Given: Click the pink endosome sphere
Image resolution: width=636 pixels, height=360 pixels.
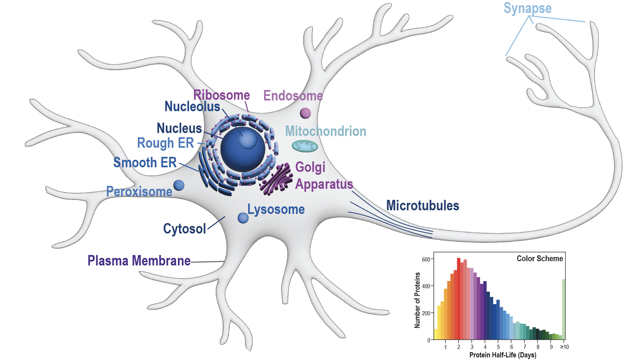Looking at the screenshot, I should [305, 113].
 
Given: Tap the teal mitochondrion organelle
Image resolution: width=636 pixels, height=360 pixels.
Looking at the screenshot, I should [305, 146].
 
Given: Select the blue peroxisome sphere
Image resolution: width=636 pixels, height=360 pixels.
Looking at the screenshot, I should [179, 185].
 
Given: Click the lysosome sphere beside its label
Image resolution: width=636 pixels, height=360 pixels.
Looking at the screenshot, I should [243, 218].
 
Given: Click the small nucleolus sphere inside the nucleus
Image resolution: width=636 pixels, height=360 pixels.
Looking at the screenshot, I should [247, 139].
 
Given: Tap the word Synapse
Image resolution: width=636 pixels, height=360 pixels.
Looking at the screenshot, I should [527, 8].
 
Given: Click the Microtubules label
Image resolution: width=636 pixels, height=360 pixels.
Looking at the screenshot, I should [422, 206].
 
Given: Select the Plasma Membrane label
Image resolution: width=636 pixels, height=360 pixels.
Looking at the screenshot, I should [139, 261].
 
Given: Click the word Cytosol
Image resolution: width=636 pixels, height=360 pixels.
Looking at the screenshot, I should [184, 229].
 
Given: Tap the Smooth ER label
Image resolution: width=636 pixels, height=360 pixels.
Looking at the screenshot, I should [145, 162].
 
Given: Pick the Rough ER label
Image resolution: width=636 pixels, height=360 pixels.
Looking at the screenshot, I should [165, 143].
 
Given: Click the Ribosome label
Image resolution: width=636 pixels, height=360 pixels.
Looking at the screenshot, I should [221, 95].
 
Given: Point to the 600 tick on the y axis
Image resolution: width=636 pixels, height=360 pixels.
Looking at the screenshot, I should [426, 260].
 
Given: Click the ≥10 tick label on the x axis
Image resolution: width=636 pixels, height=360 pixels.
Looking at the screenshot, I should [564, 347].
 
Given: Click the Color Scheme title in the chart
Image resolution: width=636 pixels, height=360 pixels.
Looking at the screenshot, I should [540, 259].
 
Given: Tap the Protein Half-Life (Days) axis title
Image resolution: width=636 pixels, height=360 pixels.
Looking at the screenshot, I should [503, 355].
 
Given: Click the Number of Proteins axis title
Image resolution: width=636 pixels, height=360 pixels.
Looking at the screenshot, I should [417, 300].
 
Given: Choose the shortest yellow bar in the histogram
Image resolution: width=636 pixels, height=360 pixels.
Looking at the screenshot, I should [435, 335].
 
